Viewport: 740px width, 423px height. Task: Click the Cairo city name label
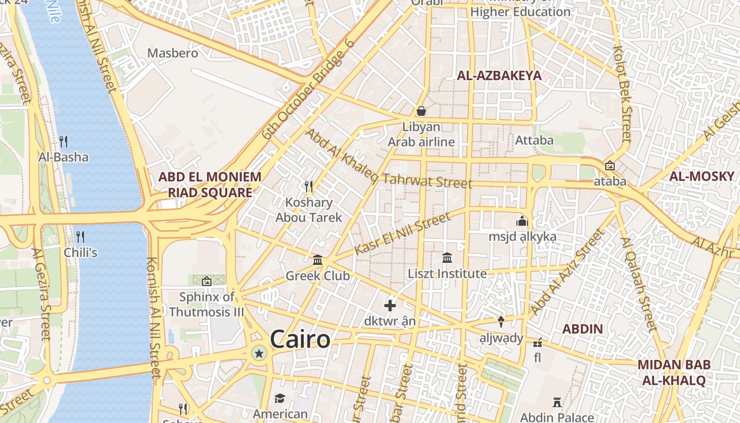(300, 339)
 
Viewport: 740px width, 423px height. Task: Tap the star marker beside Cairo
(259, 353)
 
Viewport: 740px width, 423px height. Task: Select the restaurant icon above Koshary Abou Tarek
(309, 186)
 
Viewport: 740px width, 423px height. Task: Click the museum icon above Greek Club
(318, 260)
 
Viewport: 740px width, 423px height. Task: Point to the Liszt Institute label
(447, 274)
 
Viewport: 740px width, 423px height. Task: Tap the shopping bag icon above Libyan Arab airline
(421, 111)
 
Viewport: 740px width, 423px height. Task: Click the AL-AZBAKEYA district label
(499, 76)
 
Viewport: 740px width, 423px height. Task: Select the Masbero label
(173, 53)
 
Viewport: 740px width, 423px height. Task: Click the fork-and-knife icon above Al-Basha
(63, 141)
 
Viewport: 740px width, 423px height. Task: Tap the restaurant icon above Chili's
(80, 236)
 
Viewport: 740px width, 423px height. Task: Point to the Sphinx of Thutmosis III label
(207, 304)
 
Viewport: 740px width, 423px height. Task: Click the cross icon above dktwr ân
(390, 305)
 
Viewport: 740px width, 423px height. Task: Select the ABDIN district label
(582, 329)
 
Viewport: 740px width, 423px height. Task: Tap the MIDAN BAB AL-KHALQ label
(671, 372)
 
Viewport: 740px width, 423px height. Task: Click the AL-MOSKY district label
(702, 177)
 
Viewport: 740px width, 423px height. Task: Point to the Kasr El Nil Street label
(403, 234)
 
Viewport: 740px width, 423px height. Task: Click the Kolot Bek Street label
(623, 94)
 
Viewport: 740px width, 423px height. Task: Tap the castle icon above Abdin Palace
(557, 402)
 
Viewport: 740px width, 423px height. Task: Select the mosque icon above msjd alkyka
(522, 221)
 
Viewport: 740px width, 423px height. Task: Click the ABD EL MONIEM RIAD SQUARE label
(210, 185)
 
